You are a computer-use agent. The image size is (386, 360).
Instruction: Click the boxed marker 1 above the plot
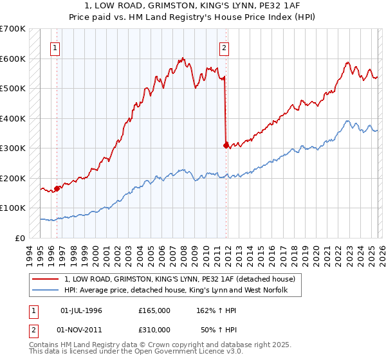55,47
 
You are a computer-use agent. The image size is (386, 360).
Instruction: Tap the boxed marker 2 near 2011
225,47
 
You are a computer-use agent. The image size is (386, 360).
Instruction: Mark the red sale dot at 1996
57,188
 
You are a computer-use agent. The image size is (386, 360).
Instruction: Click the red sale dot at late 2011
226,145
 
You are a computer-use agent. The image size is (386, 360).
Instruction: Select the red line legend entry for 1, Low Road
179,279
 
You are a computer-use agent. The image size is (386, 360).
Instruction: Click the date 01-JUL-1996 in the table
81,310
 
